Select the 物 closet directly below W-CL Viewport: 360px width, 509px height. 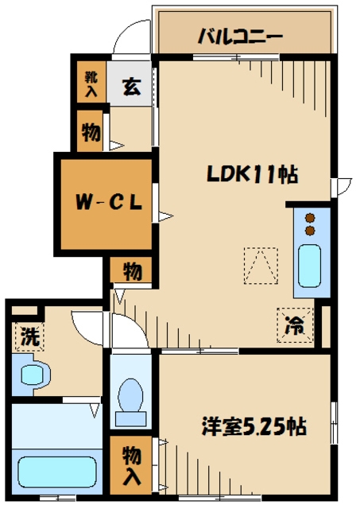pos(132,271)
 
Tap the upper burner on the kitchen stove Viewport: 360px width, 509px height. pos(311,217)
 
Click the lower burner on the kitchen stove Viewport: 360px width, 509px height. pos(311,231)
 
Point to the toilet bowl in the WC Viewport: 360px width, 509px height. pos(130,395)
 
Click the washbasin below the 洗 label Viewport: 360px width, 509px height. pos(33,374)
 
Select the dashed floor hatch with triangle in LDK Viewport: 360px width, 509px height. pos(261,266)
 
